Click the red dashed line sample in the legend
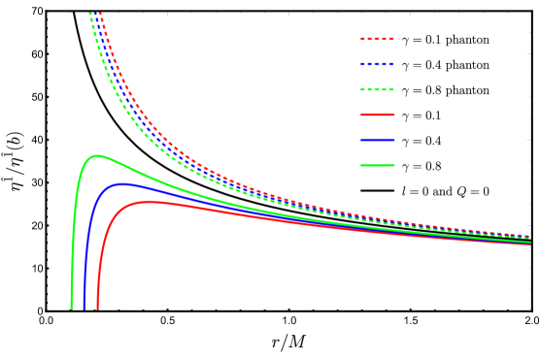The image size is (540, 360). pyautogui.click(x=377, y=39)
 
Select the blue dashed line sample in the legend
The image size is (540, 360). pyautogui.click(x=377, y=64)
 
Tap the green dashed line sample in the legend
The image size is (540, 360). pyautogui.click(x=377, y=89)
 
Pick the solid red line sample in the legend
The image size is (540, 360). pyautogui.click(x=377, y=115)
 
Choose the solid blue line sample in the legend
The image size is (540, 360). pyautogui.click(x=377, y=140)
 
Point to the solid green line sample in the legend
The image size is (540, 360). pyautogui.click(x=377, y=165)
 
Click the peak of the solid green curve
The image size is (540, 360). pyautogui.click(x=96, y=155)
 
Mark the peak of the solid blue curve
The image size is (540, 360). pyautogui.click(x=121, y=182)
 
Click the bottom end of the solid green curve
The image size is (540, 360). pyautogui.click(x=72, y=308)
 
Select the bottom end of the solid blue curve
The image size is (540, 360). pyautogui.click(x=84, y=308)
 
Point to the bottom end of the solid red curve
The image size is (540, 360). pyautogui.click(x=98, y=308)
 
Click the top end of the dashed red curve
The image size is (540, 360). pyautogui.click(x=100, y=15)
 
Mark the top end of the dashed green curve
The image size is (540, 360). pyautogui.click(x=89, y=14)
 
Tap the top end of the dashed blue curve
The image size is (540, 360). pyautogui.click(x=95, y=15)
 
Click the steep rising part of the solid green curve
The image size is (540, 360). pyautogui.click(x=74, y=223)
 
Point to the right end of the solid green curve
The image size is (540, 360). pyautogui.click(x=529, y=242)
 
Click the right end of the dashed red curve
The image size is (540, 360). pyautogui.click(x=529, y=237)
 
